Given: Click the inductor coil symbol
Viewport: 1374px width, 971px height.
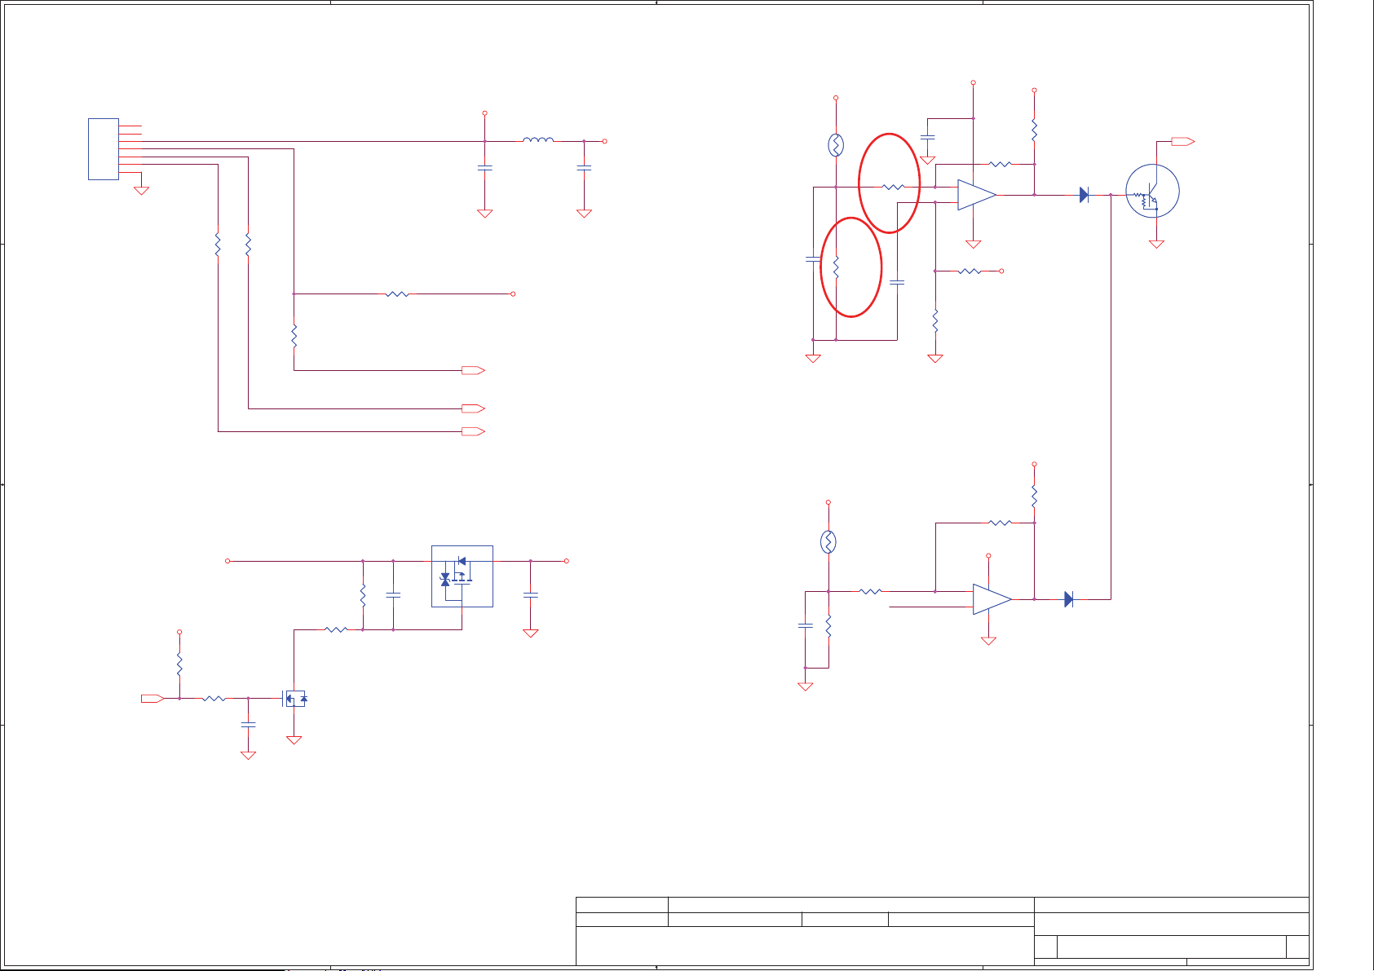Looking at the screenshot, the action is [538, 140].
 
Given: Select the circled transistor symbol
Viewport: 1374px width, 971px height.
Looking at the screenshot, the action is [1152, 192].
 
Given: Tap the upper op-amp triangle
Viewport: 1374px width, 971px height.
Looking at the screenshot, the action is [976, 195].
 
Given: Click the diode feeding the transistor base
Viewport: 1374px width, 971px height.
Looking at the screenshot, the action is [1084, 195].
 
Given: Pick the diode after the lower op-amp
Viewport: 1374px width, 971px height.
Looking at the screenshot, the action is [1068, 599].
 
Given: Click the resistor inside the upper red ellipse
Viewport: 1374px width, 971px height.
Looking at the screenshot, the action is [894, 187].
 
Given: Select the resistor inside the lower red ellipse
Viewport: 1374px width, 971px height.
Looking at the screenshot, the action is [836, 266].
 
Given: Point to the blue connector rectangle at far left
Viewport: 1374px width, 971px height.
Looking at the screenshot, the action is [104, 149].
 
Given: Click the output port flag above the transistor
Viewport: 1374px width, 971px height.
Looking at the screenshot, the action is [1182, 142].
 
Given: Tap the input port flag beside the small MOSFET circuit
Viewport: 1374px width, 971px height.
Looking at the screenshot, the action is [152, 698].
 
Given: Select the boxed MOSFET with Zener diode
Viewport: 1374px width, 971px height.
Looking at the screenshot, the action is [462, 576].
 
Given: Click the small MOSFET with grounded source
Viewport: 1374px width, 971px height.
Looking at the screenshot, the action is [294, 699].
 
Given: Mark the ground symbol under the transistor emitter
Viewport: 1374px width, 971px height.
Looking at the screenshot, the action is [1156, 244].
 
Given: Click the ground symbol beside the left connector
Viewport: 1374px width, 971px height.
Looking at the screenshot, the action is [141, 191].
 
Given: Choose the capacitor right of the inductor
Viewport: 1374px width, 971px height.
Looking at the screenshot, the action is [584, 168].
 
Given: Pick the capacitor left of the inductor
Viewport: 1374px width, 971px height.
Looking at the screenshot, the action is [484, 168].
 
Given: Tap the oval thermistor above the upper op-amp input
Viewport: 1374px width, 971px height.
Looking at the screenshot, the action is [836, 145].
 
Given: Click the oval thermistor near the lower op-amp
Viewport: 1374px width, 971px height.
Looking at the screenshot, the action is [828, 542].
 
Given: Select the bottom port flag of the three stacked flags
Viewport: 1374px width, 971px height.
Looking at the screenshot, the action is [473, 431].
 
